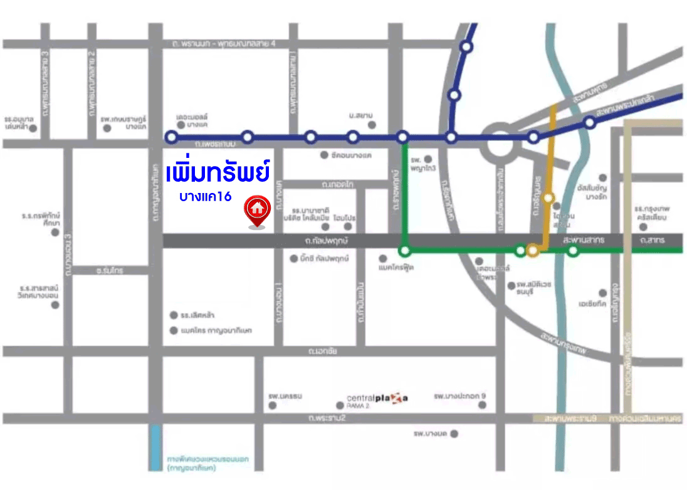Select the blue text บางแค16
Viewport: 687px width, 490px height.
tap(205, 196)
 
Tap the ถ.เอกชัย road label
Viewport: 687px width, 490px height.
tap(323, 352)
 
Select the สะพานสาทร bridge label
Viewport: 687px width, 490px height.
tap(583, 240)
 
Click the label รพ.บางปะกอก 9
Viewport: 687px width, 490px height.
tap(459, 396)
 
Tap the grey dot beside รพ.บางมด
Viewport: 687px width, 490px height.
tap(455, 434)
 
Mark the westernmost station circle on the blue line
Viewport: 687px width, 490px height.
tap(170, 137)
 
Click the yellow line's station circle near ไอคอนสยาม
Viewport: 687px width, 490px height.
tap(549, 198)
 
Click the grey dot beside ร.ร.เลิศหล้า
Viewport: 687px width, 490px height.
tap(174, 315)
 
